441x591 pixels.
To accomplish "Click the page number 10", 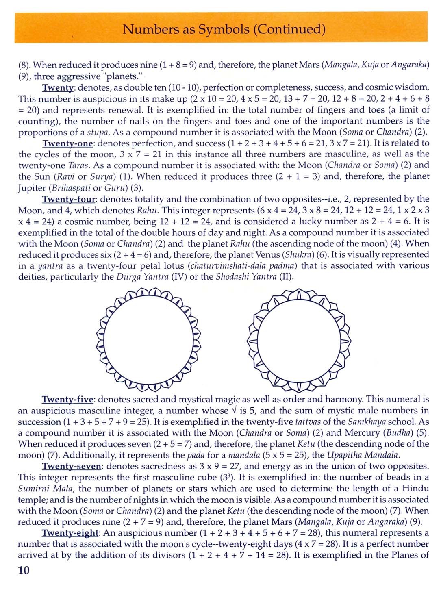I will pyautogui.click(x=24, y=570).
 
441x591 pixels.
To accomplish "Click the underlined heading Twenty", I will pyautogui.click(x=58, y=88).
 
